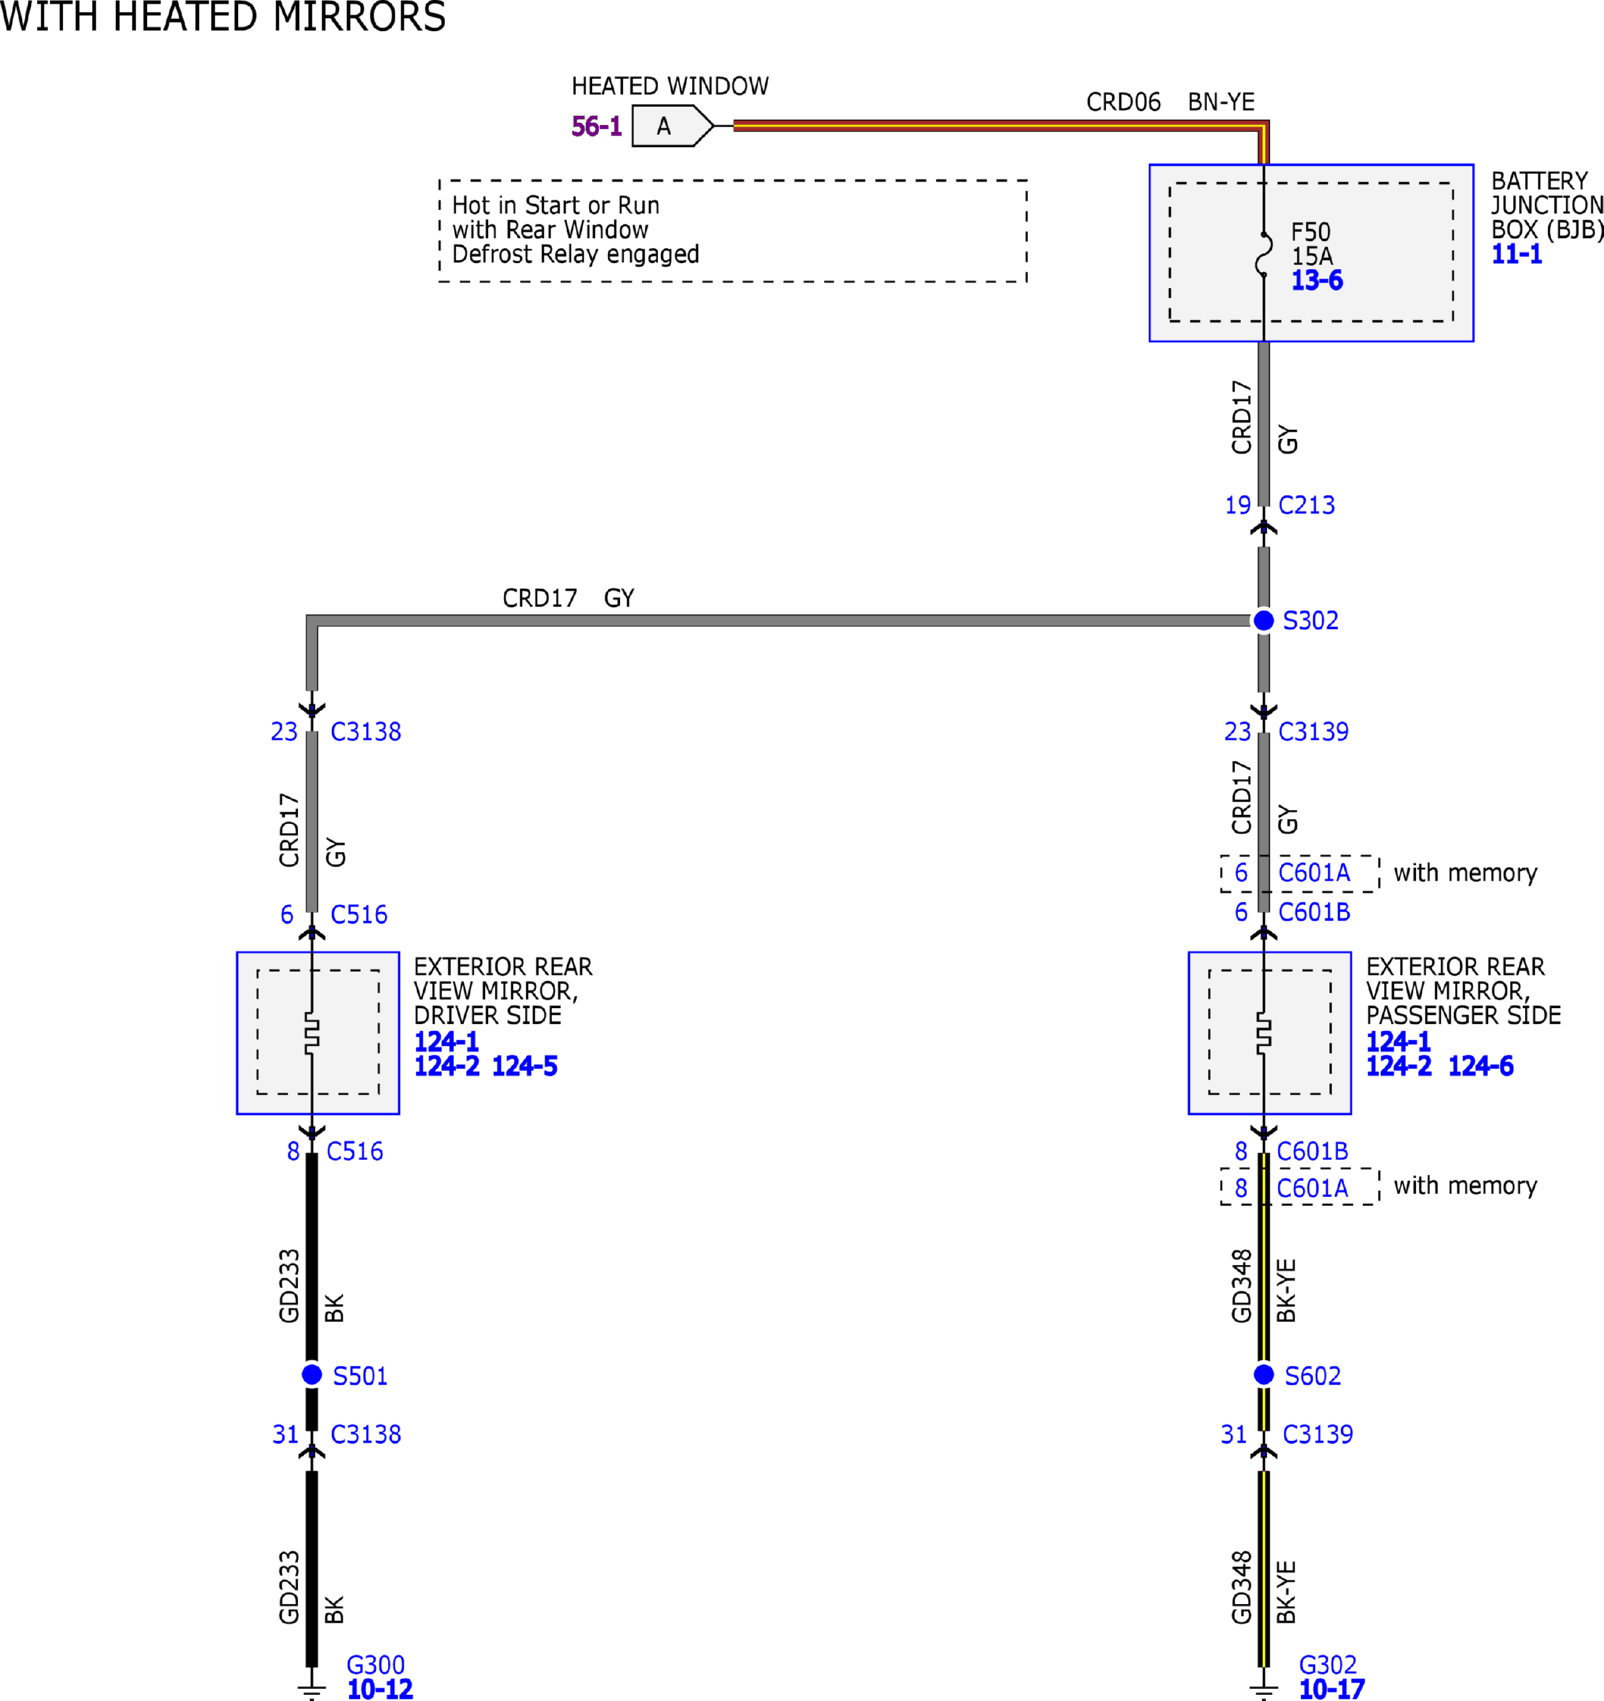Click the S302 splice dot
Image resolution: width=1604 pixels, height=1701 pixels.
[1264, 620]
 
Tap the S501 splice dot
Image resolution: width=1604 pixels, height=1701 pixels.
[313, 1375]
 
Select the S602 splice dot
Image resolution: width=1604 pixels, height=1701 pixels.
[1264, 1375]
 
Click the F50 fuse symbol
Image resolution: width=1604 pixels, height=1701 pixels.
[1264, 254]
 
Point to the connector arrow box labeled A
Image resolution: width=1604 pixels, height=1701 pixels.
[672, 126]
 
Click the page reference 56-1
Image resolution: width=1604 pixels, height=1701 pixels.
[596, 127]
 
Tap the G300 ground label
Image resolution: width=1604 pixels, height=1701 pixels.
[376, 1665]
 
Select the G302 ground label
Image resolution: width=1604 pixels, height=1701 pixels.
[1328, 1665]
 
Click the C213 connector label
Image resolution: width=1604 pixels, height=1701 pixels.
[1307, 505]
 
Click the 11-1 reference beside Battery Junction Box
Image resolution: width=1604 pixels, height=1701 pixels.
[1517, 254]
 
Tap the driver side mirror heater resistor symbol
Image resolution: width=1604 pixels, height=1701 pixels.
[313, 1032]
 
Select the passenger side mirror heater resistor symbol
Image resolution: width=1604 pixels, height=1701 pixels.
[1264, 1032]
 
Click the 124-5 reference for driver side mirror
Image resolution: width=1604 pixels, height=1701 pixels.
[524, 1066]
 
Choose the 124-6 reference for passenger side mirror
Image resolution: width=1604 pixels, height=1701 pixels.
[1480, 1066]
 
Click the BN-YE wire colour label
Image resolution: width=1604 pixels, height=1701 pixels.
[1221, 102]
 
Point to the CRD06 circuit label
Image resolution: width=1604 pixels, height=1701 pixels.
[1124, 102]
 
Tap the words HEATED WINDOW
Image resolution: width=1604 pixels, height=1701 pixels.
[669, 86]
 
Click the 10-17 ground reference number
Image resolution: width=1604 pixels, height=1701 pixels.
[1332, 1689]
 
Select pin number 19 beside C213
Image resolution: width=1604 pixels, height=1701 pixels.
[1238, 505]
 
